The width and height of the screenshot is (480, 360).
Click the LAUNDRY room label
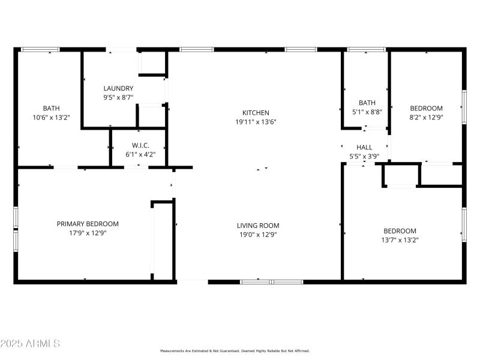(x=118, y=88)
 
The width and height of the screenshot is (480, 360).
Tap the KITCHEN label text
(x=256, y=113)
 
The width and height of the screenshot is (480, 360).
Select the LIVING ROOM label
(x=258, y=226)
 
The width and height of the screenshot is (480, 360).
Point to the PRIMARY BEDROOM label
(x=88, y=224)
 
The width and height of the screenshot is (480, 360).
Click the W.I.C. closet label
(x=140, y=146)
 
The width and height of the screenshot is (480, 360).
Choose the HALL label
(x=364, y=147)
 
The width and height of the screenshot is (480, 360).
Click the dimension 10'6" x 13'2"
(x=51, y=118)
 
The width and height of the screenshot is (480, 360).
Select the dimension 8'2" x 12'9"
(x=426, y=118)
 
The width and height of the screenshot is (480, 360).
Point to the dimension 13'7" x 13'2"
(x=400, y=240)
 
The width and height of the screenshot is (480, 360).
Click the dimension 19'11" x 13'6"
(x=256, y=122)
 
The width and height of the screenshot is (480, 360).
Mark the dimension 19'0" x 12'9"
(x=258, y=235)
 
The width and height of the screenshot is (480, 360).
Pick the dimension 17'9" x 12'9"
(x=88, y=233)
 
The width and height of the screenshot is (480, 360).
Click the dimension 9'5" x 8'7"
(x=118, y=97)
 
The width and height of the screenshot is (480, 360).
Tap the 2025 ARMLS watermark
(x=30, y=344)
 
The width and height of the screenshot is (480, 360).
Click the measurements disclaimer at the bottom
(x=235, y=350)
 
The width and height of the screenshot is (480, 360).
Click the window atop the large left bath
(x=40, y=49)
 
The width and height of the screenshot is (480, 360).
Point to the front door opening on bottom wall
(x=193, y=281)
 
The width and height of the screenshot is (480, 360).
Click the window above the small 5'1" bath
(x=366, y=49)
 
